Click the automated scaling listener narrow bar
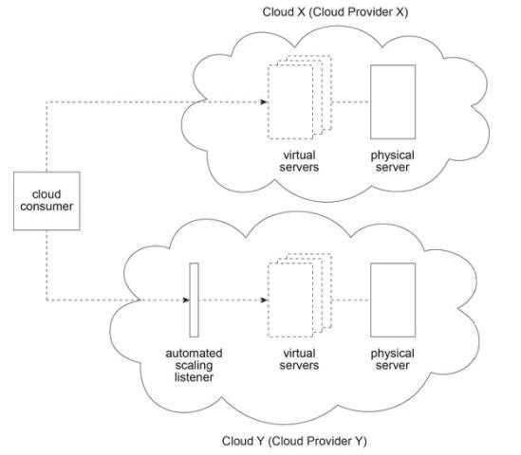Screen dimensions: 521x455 pos(194,300)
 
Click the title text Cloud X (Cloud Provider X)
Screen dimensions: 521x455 pos(335,12)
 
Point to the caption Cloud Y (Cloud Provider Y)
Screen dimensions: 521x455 pos(294,441)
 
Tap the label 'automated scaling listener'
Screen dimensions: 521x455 pos(194,365)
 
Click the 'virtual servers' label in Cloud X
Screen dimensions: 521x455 pos(299,161)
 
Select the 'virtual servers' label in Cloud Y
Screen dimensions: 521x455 pos(299,359)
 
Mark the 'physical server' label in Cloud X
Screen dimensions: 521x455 pos(393,161)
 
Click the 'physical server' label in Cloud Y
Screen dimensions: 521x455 pos(393,359)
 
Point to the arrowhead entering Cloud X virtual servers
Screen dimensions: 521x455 pos(264,101)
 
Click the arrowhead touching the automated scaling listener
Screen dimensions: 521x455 pos(186,300)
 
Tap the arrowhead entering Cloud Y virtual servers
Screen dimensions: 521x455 pos(264,300)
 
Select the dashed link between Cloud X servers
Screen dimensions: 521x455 pos(351,101)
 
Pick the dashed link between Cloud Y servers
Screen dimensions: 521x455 pos(351,300)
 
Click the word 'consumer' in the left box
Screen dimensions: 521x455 pos(47,207)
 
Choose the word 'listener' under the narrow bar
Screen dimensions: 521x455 pos(194,377)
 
